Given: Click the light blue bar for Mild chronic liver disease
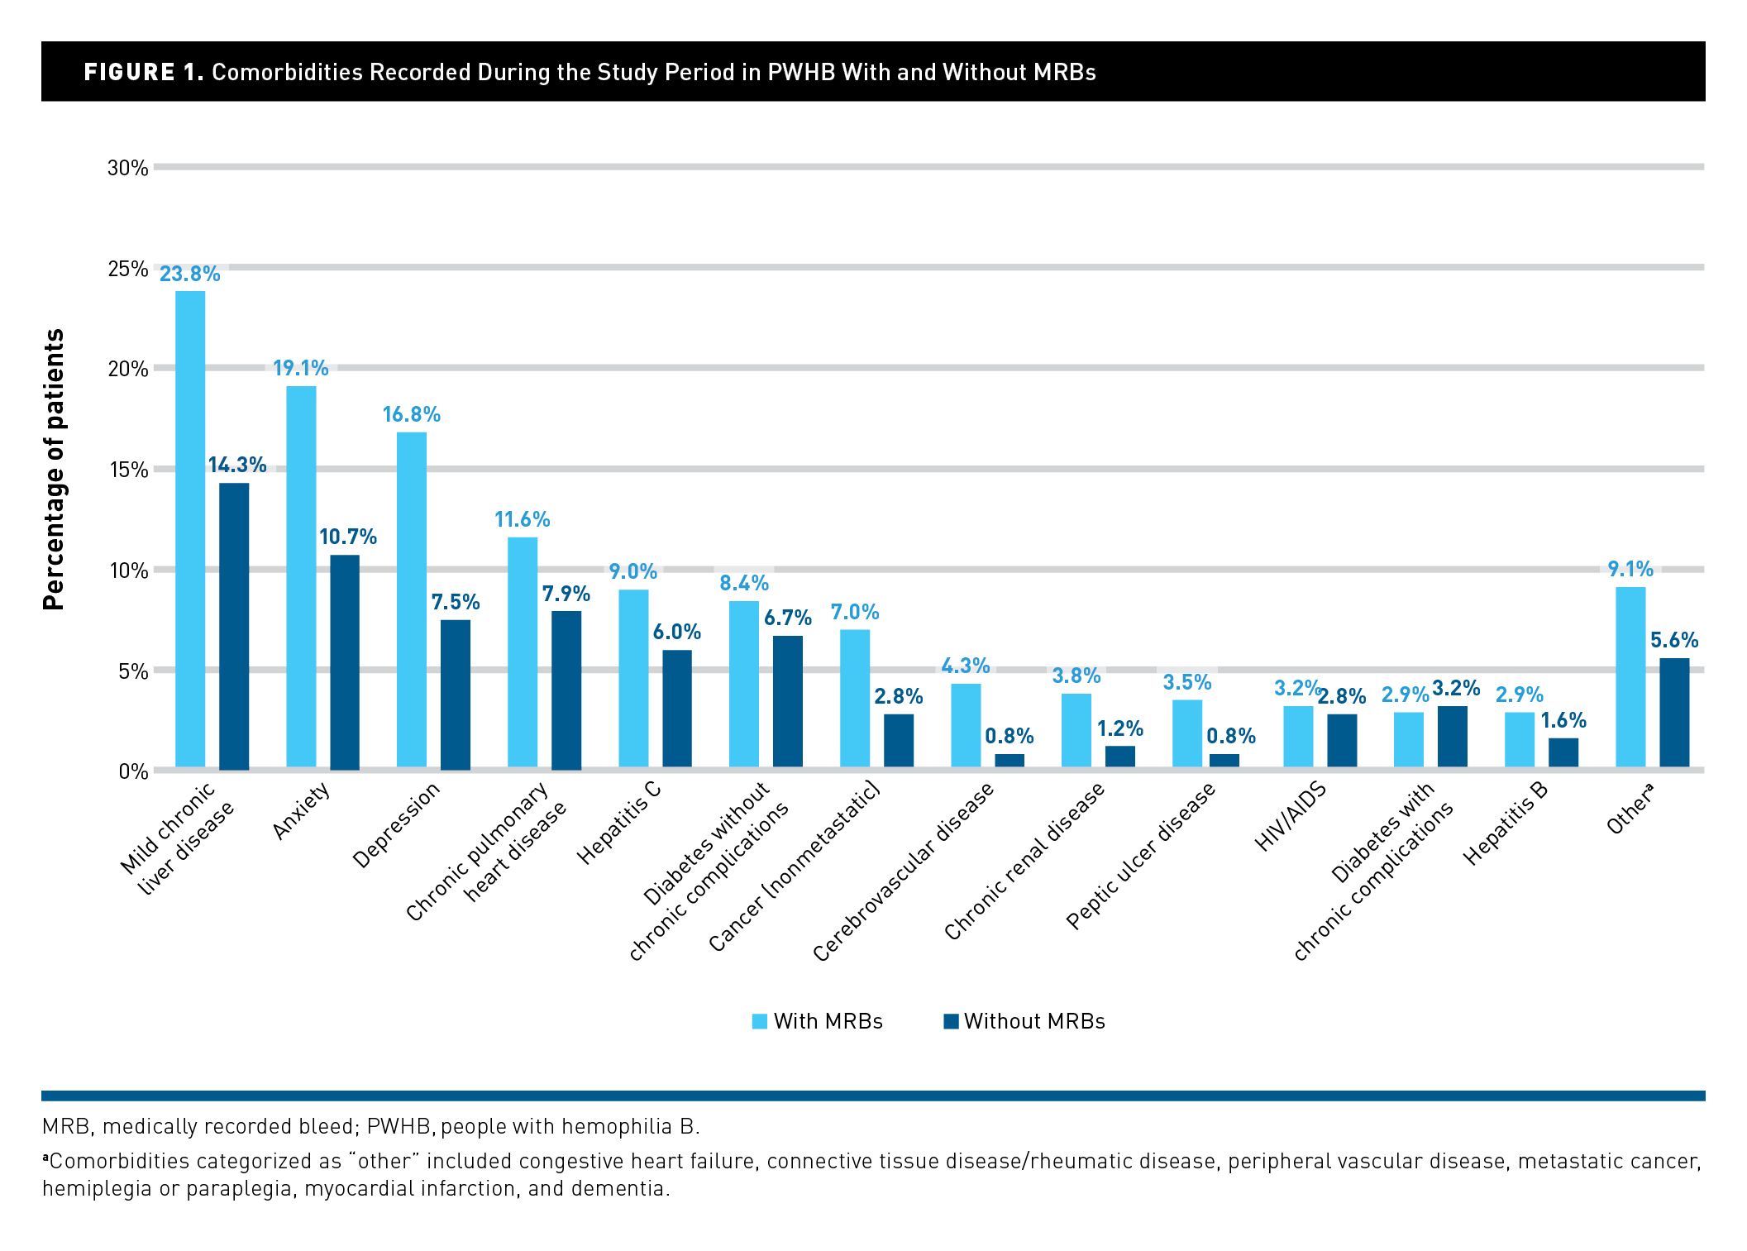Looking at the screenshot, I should point(190,529).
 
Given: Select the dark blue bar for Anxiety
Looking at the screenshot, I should point(345,661).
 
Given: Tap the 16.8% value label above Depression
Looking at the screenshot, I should point(411,414).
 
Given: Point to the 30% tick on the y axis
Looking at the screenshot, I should point(127,168).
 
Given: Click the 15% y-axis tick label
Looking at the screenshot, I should point(127,470).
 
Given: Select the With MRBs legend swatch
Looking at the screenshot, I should point(759,1021).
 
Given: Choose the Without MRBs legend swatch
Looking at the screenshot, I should point(951,1021).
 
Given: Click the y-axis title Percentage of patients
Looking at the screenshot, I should point(54,470).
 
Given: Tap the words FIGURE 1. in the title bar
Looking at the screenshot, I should point(143,72).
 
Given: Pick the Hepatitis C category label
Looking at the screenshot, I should point(619,823).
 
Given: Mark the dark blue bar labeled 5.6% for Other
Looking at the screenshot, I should point(1674,713).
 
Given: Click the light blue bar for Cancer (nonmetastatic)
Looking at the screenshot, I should point(855,699).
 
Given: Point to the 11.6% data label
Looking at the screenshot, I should point(522,519).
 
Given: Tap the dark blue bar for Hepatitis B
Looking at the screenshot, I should point(1563,752).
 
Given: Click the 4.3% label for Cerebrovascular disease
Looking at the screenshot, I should point(965,666).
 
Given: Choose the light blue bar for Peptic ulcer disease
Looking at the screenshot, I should point(1187,733).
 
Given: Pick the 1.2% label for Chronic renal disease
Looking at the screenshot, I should point(1119,728).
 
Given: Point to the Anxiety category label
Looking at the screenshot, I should point(302,811).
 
